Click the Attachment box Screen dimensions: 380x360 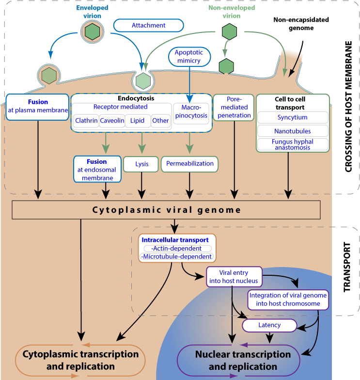coord(148,25)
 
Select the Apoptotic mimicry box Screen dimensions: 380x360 coord(189,57)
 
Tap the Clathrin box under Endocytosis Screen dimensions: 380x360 coord(86,121)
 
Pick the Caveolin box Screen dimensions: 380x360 coord(112,121)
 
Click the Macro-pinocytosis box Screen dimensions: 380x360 coord(190,111)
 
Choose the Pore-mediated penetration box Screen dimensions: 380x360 coord(235,107)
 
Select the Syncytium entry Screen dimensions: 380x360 coord(292,117)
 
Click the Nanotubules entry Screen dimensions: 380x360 coord(292,131)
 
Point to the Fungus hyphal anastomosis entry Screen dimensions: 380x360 coord(292,144)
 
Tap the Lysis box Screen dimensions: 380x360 coord(141,164)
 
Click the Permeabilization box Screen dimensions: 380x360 coord(189,164)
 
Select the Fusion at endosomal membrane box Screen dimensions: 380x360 coord(97,169)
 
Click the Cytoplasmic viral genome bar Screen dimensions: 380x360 coord(166,210)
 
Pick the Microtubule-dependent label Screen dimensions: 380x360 coord(176,256)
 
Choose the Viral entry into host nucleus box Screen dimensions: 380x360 coord(234,277)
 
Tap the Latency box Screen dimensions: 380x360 coord(269,325)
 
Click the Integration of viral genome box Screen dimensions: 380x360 coord(288,300)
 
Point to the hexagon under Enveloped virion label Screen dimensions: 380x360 coord(92,32)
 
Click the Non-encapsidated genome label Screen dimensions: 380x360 coord(301,24)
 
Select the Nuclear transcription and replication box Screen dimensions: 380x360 coord(243,360)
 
